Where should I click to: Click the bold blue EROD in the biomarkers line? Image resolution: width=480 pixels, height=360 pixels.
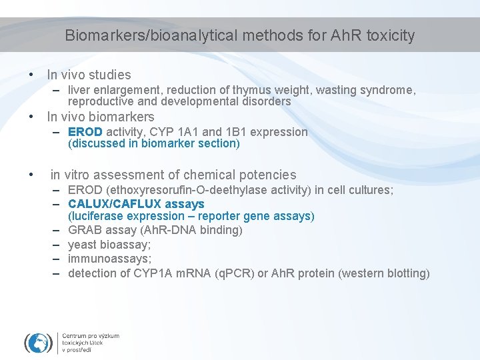(x=85, y=132)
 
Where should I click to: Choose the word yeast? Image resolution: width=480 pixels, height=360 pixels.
(x=83, y=245)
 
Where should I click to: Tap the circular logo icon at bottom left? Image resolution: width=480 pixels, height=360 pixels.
(x=39, y=342)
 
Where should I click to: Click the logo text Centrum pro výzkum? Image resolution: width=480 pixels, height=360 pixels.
(x=91, y=336)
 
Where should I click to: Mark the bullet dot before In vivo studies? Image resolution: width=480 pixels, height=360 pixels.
(x=31, y=75)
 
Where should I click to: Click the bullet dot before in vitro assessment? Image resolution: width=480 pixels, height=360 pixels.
(x=31, y=175)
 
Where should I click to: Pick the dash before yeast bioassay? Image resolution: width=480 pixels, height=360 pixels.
(x=58, y=245)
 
